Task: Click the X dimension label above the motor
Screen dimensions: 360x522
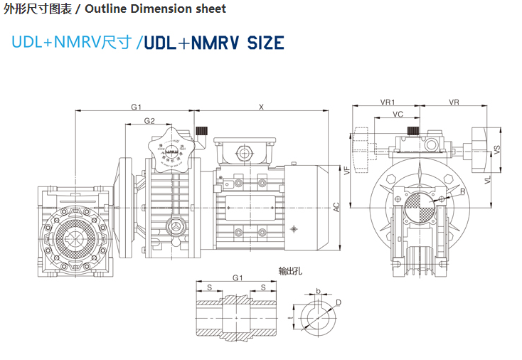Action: [x=262, y=107]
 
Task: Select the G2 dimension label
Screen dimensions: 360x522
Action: [x=149, y=121]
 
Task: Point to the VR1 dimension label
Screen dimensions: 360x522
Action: [x=388, y=102]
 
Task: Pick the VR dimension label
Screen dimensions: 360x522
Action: [x=454, y=102]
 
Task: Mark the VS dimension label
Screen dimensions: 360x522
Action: [x=498, y=149]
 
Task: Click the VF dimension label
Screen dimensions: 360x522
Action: [x=347, y=170]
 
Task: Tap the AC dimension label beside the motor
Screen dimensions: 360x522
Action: [x=337, y=207]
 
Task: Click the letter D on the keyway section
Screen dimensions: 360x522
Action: [x=339, y=302]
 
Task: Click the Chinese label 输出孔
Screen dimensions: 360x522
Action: [x=289, y=271]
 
